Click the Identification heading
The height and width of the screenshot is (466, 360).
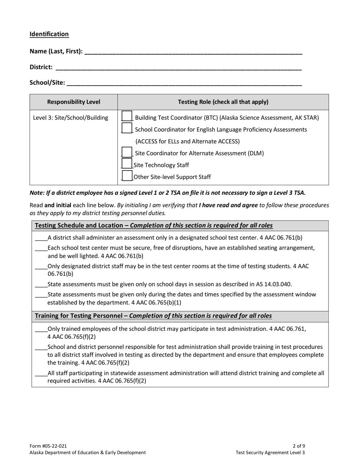coord(49,34)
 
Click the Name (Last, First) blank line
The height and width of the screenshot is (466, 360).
coord(193,52)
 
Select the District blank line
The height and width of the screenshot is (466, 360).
coord(178,68)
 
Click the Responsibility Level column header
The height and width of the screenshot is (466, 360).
coord(74,102)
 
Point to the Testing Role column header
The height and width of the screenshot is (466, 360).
coord(223,102)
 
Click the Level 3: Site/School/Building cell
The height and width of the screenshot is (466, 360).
coord(70,118)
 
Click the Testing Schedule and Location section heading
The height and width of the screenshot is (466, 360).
coord(153,225)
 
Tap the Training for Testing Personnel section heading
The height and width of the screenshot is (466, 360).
coord(153,316)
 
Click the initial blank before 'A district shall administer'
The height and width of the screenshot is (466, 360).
coord(41,238)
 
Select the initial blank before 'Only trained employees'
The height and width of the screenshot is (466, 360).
coord(41,330)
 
